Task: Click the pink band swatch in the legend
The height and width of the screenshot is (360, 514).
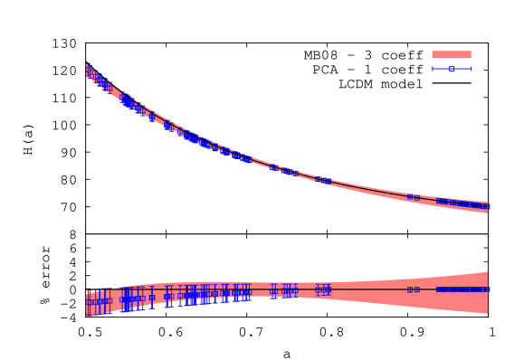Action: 451,54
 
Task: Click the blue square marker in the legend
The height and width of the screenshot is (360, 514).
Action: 452,69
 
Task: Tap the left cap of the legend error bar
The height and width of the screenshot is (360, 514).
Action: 433,69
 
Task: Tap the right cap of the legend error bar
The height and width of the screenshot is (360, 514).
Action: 471,69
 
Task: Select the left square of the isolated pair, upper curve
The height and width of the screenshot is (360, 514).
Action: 410,196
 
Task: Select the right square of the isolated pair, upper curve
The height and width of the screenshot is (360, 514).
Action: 416,197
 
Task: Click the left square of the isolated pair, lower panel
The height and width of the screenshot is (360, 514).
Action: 410,289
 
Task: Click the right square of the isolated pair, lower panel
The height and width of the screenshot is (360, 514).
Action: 416,289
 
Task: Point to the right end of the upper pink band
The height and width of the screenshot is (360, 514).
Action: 487,207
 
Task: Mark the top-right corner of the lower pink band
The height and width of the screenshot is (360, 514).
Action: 487,271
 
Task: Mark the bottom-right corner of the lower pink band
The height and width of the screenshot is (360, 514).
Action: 487,313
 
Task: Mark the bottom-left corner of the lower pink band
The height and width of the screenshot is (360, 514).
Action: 87,316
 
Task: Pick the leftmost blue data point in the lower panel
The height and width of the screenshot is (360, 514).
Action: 88,302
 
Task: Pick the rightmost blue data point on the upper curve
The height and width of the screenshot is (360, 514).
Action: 486,206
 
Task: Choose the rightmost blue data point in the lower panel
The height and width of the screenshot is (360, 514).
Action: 486,289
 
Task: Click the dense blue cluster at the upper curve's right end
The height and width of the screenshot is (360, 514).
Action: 462,203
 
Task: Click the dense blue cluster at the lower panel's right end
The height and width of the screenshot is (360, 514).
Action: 462,289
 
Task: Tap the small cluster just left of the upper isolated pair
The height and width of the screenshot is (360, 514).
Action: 323,180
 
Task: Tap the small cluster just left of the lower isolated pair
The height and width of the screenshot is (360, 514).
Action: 323,289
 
